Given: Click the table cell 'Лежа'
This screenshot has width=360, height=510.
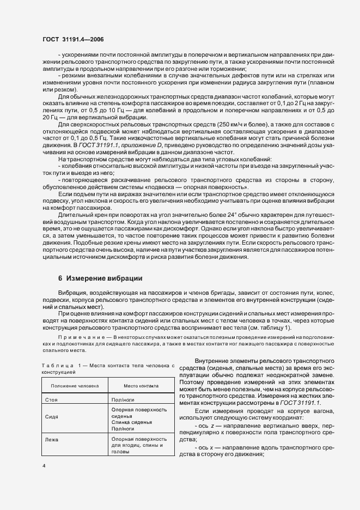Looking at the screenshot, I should pos(52,439).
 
